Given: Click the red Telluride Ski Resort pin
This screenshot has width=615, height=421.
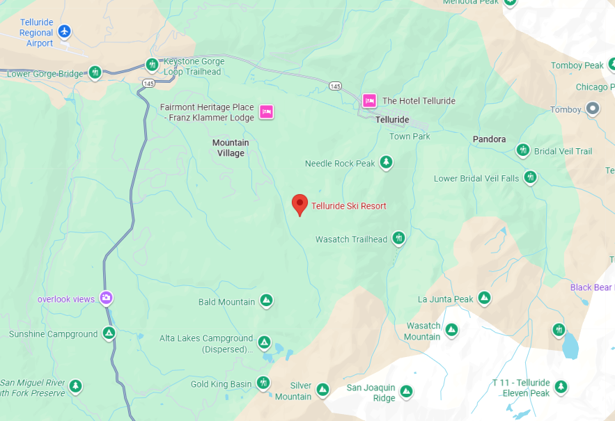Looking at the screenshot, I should point(299,204).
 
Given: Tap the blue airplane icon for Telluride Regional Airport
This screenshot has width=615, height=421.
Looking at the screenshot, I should point(65,31).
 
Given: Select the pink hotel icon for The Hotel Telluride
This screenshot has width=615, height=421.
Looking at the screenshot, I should point(368,101).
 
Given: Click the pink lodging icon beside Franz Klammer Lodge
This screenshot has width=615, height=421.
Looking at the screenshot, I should point(265,111).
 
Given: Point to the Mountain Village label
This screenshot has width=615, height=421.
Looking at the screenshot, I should point(231,148).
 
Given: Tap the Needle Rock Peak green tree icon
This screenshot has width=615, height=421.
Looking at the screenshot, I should point(386,163).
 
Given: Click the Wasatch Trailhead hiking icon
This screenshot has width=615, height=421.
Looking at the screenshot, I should point(398,239).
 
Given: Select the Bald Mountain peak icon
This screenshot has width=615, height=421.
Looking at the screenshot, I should point(265,301).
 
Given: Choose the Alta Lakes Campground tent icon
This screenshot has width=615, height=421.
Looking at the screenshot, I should point(264,342).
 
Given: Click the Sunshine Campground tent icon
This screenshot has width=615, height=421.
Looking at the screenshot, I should point(109,333).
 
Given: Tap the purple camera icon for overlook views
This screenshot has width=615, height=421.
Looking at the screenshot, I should point(106,299).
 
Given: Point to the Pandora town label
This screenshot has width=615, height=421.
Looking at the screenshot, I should point(489,139).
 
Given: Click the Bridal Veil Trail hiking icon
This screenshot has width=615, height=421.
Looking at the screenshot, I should point(523,150).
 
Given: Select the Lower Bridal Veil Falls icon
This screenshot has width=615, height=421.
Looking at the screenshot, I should point(530,177).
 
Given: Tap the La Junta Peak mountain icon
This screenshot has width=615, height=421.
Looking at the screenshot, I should point(484,299).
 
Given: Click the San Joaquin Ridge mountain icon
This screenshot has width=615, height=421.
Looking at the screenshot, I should point(406,392).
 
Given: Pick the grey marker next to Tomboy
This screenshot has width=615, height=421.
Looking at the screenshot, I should point(593,109).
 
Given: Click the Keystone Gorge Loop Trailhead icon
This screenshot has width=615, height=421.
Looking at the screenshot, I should point(152,65).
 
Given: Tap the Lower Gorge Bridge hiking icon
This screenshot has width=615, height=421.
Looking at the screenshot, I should point(95,72).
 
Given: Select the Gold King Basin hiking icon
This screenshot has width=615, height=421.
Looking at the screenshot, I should point(263,383).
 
